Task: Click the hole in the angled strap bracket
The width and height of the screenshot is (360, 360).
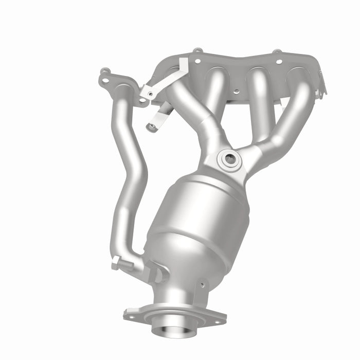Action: (x=150, y=93)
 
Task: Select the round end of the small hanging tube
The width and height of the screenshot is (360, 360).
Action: (x=152, y=127)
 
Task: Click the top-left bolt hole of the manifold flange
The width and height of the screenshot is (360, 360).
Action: (x=196, y=60)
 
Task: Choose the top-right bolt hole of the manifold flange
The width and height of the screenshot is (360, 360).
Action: (x=279, y=61)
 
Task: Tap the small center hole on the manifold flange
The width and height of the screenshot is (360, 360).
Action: (x=236, y=92)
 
